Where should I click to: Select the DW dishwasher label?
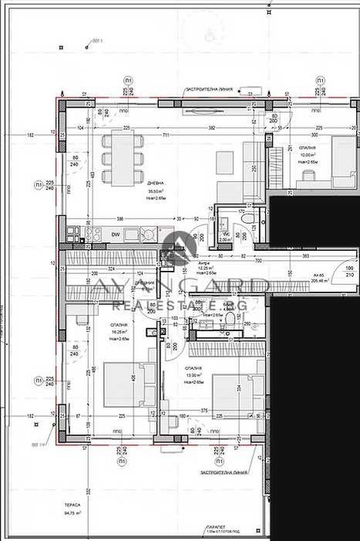[x=115, y=234]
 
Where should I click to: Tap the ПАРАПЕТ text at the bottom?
[x=223, y=526]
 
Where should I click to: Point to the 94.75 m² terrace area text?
[x=73, y=512]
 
